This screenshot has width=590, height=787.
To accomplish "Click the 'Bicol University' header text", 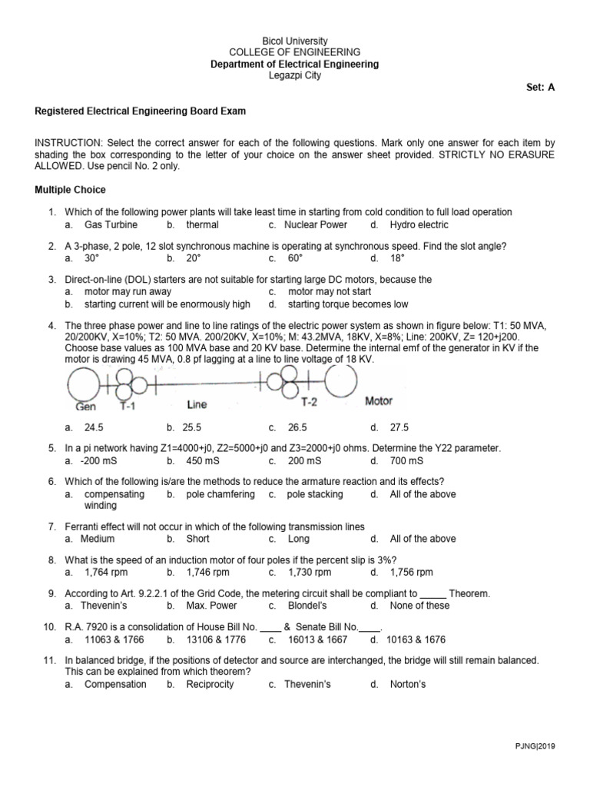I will click(x=294, y=41).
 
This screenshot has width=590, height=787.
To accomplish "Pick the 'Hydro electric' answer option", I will click(x=419, y=225).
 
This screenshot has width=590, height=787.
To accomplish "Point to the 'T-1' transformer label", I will click(x=126, y=404).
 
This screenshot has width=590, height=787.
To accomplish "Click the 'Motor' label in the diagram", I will click(x=379, y=401).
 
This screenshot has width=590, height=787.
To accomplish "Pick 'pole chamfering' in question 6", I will click(x=220, y=494).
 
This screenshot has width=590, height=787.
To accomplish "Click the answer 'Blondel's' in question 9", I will click(x=305, y=606).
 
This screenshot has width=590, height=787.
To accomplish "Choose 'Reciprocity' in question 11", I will click(x=210, y=684).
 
